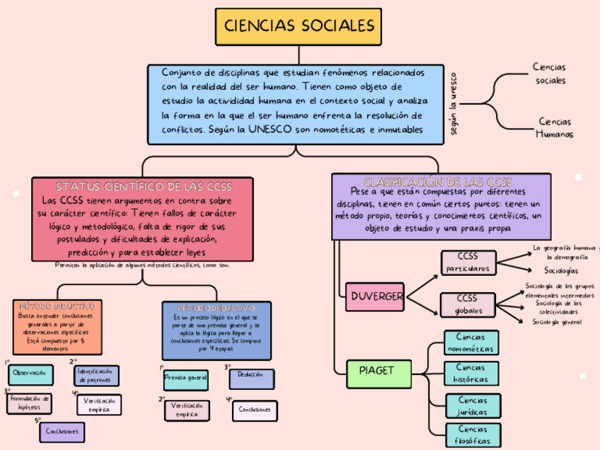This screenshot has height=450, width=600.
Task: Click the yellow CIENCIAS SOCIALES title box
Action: (x=299, y=27)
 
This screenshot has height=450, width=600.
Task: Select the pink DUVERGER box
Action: (x=376, y=296)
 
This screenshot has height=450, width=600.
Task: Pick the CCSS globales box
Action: (x=468, y=304)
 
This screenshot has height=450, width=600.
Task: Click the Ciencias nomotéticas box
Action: (x=471, y=343)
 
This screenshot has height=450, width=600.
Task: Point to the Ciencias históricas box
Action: (x=471, y=374)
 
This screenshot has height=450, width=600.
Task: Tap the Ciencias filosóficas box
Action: (x=472, y=434)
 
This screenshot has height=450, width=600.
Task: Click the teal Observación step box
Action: (x=30, y=373)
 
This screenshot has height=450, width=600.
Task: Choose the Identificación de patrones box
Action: (x=96, y=375)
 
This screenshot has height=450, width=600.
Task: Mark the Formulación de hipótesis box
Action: (x=30, y=403)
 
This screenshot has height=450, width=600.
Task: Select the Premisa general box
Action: (x=185, y=379)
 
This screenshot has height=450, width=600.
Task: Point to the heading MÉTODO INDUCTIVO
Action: (x=57, y=306)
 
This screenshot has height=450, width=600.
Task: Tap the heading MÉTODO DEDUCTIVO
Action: (x=216, y=308)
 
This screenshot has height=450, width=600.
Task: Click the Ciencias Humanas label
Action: (x=554, y=128)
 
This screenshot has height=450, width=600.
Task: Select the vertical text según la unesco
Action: (x=454, y=103)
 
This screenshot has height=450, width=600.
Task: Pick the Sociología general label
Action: (x=557, y=322)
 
